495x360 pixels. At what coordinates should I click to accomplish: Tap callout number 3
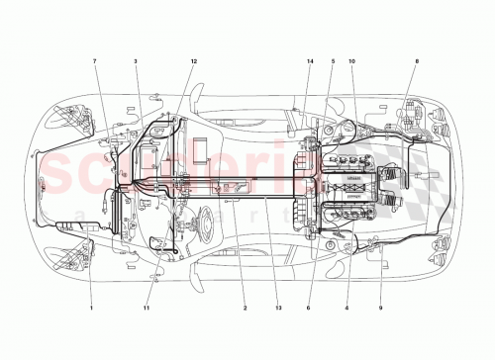(135, 62)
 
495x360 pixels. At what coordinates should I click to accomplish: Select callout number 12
(194, 62)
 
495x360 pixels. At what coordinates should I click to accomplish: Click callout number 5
(332, 62)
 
